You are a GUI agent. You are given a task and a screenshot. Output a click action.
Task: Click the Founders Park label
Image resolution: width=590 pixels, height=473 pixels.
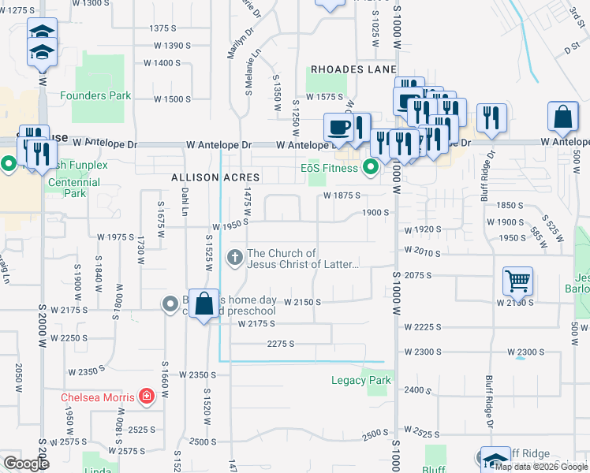coord(95,96)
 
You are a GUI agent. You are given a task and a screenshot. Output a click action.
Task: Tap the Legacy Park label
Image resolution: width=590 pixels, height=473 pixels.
coord(360,381)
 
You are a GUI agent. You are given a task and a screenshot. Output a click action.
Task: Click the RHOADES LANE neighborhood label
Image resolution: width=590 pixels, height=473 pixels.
coord(353,69)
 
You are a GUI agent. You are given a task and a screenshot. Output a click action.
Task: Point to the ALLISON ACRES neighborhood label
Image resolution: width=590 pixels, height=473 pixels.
coord(206,178)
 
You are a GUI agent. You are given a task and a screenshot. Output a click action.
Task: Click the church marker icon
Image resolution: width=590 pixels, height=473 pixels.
coord(234,257)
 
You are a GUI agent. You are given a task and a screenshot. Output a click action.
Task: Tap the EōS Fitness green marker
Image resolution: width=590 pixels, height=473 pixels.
coord(369,167)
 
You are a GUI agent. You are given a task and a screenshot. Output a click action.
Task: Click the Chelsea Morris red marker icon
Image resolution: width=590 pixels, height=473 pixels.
coord(146,397)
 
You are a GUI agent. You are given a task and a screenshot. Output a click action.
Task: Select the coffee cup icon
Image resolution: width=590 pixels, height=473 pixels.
coord(339,126)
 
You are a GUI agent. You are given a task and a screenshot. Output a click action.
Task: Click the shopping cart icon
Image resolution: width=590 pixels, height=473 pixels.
coord(517,280)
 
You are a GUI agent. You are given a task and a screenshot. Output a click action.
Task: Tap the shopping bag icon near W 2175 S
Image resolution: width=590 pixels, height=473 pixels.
coord(204,304)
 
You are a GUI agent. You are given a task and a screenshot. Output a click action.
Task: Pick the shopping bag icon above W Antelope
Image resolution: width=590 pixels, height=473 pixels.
coord(564,117)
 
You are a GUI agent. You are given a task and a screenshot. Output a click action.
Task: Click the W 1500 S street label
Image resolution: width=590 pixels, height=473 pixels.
coord(172,99)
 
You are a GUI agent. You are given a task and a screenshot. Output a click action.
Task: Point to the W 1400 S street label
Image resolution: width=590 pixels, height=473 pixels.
coord(162,63)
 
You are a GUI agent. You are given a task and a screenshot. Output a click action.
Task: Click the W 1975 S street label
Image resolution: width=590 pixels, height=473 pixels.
coord(116,236)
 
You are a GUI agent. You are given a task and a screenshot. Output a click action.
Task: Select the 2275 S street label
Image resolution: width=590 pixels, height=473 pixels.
coord(280,344)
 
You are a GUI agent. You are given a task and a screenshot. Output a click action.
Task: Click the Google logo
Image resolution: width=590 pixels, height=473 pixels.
coord(26,464)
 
